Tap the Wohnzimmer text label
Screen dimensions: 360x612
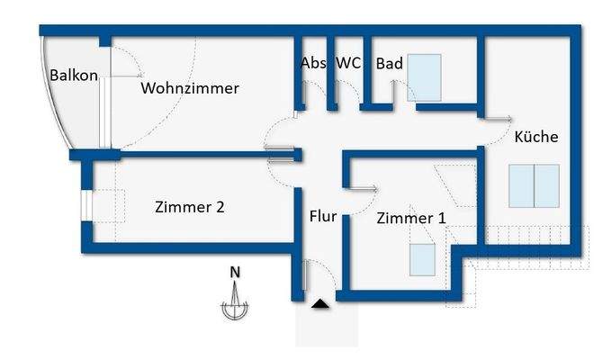tap(189, 88)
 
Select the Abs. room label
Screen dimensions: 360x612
tap(313, 64)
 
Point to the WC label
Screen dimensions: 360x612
tap(348, 64)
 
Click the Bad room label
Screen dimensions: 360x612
tap(389, 64)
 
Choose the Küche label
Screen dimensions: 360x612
tap(536, 138)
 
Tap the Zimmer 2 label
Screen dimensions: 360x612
tap(190, 207)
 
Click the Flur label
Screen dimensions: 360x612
tap(322, 217)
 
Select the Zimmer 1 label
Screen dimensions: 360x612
tap(410, 218)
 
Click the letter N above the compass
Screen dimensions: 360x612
tap(234, 271)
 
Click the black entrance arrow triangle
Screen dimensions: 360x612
tap(319, 306)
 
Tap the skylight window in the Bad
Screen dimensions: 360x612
tap(427, 76)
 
